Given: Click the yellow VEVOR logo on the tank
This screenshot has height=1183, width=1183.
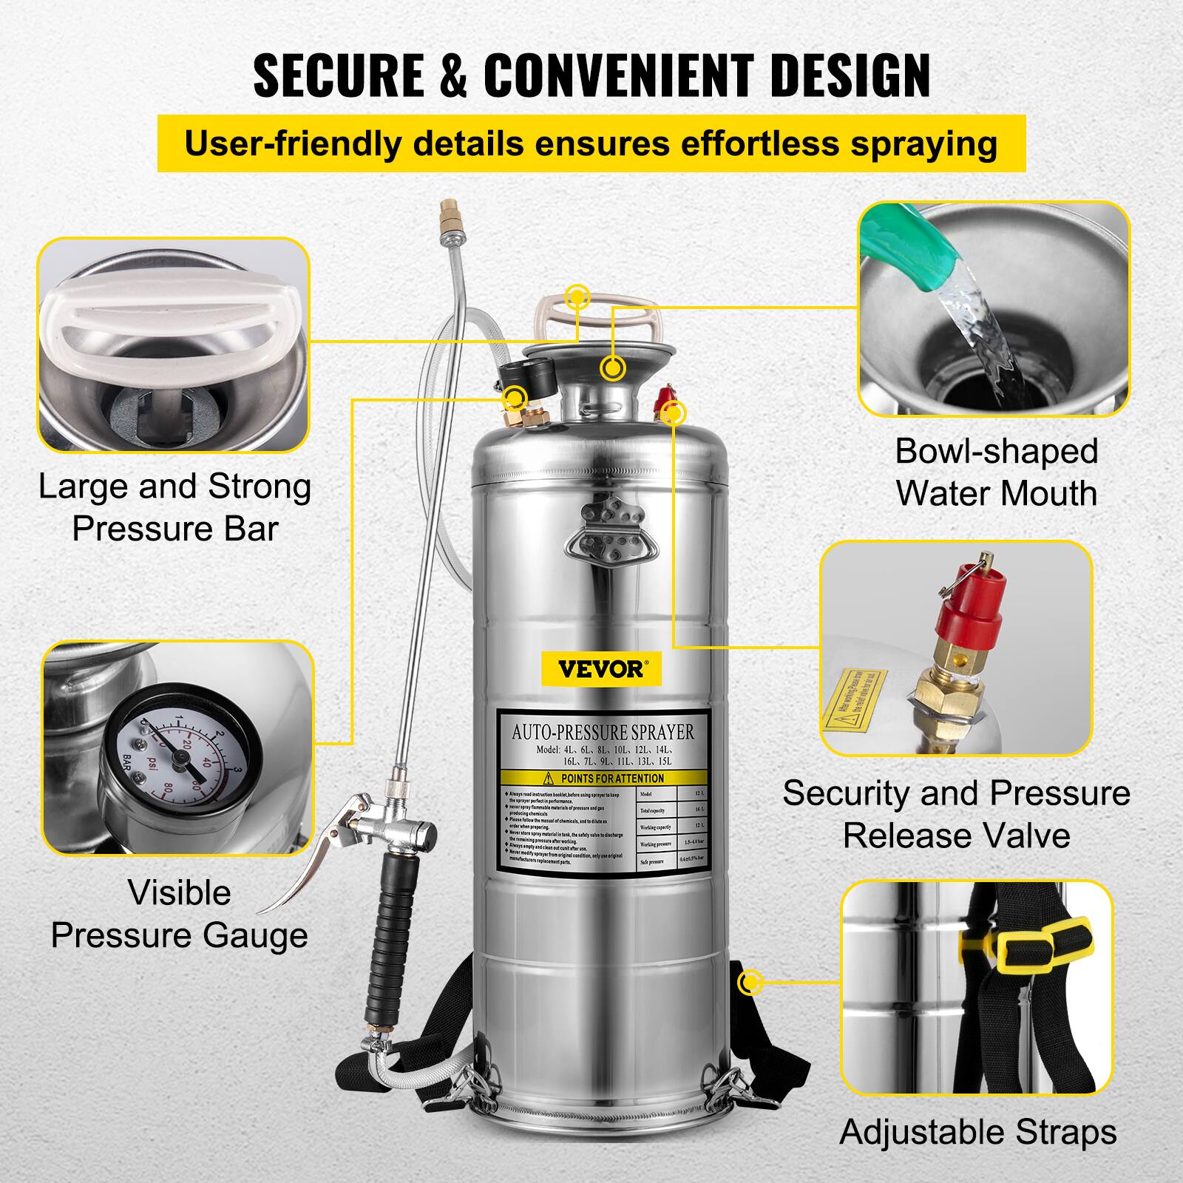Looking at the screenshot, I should (600, 669).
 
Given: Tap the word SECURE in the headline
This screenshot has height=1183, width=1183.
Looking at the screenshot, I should (338, 76).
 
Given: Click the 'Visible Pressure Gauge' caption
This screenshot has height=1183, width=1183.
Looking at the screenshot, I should (179, 914).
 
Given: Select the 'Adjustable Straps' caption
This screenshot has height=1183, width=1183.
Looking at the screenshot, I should (977, 1132).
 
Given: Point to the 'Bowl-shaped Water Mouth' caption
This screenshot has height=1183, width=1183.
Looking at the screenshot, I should (996, 472).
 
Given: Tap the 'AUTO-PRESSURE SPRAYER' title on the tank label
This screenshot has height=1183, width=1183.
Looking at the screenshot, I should (603, 732).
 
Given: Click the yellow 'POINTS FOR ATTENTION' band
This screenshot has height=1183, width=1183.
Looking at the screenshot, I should (603, 778).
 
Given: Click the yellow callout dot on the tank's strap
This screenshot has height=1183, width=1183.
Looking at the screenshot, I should (750, 983).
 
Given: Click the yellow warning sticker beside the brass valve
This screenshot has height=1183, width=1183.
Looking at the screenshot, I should (854, 694).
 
